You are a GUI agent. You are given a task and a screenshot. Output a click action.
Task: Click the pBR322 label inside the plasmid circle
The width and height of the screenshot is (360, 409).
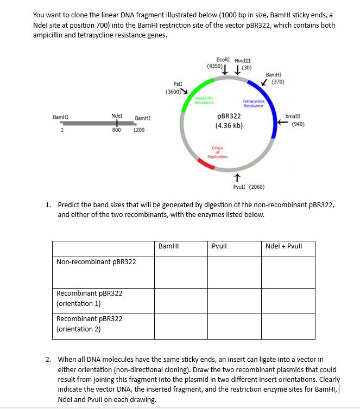click(229, 117)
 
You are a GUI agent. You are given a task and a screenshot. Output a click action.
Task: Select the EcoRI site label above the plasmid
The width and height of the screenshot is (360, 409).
click(222, 60)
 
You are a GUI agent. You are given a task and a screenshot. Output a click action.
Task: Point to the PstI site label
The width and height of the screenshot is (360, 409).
click(178, 84)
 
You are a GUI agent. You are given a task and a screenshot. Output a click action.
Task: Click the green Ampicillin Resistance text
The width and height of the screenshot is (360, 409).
click(204, 100)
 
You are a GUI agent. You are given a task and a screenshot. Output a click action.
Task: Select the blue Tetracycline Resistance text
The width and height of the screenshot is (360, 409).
click(254, 103)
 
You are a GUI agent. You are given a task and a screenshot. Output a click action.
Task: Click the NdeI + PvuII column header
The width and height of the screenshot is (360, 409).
click(283, 246)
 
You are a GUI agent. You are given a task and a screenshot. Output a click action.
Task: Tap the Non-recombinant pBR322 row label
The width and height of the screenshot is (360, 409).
click(96, 262)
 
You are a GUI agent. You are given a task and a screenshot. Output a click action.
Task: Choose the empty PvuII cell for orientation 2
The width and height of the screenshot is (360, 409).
click(234, 324)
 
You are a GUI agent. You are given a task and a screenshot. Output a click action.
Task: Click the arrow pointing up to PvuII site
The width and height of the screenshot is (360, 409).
click(236, 177)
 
